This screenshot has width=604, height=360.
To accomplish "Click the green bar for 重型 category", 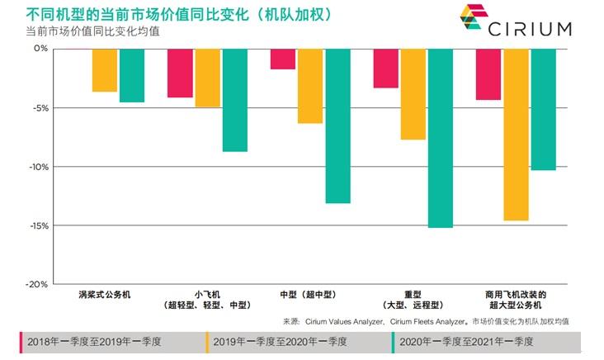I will point(441,138).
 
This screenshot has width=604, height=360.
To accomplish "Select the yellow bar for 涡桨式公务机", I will point(104,70).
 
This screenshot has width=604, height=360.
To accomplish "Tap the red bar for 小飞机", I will point(180,73).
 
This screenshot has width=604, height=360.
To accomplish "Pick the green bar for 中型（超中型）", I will point(337,126).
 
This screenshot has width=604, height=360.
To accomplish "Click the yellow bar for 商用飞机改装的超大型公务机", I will point(516,135).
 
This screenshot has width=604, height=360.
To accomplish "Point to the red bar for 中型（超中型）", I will point(283,59).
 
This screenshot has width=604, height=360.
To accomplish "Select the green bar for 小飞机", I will point(234,100).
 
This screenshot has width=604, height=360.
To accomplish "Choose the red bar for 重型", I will point(385,68).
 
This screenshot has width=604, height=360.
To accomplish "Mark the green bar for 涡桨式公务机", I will point(131,75).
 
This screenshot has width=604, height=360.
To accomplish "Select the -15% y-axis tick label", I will point(37,225).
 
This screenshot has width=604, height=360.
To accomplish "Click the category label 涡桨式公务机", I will point(104,294).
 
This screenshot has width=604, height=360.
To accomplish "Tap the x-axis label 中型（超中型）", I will point(309,294).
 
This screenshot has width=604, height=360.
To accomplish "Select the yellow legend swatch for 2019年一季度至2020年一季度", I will point(208,340).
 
